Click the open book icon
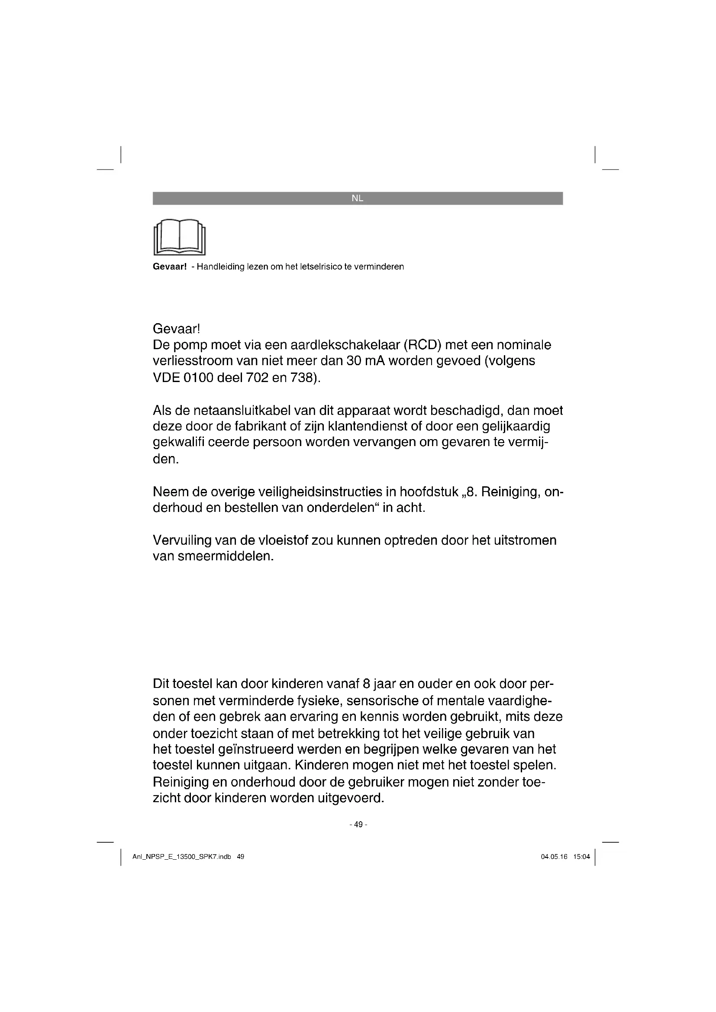click(x=180, y=237)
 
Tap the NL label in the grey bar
click(x=358, y=198)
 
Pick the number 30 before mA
click(x=354, y=361)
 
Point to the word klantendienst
click(x=372, y=427)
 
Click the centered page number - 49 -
click(x=358, y=824)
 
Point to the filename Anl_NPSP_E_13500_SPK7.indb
click(x=182, y=857)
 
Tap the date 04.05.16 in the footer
click(x=554, y=857)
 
